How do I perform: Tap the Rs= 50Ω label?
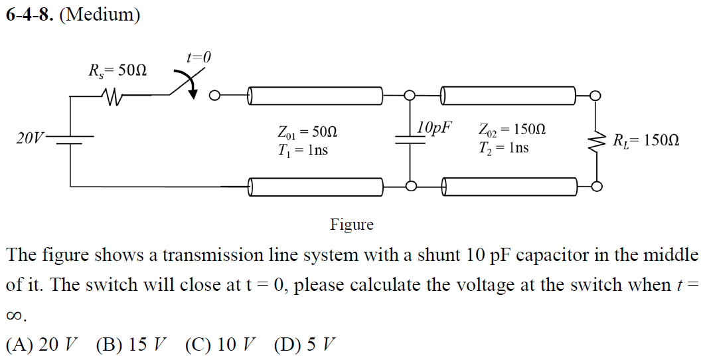click(x=118, y=69)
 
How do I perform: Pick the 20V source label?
click(x=29, y=139)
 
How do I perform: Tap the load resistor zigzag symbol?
click(x=597, y=141)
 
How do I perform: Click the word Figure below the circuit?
click(x=352, y=225)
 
